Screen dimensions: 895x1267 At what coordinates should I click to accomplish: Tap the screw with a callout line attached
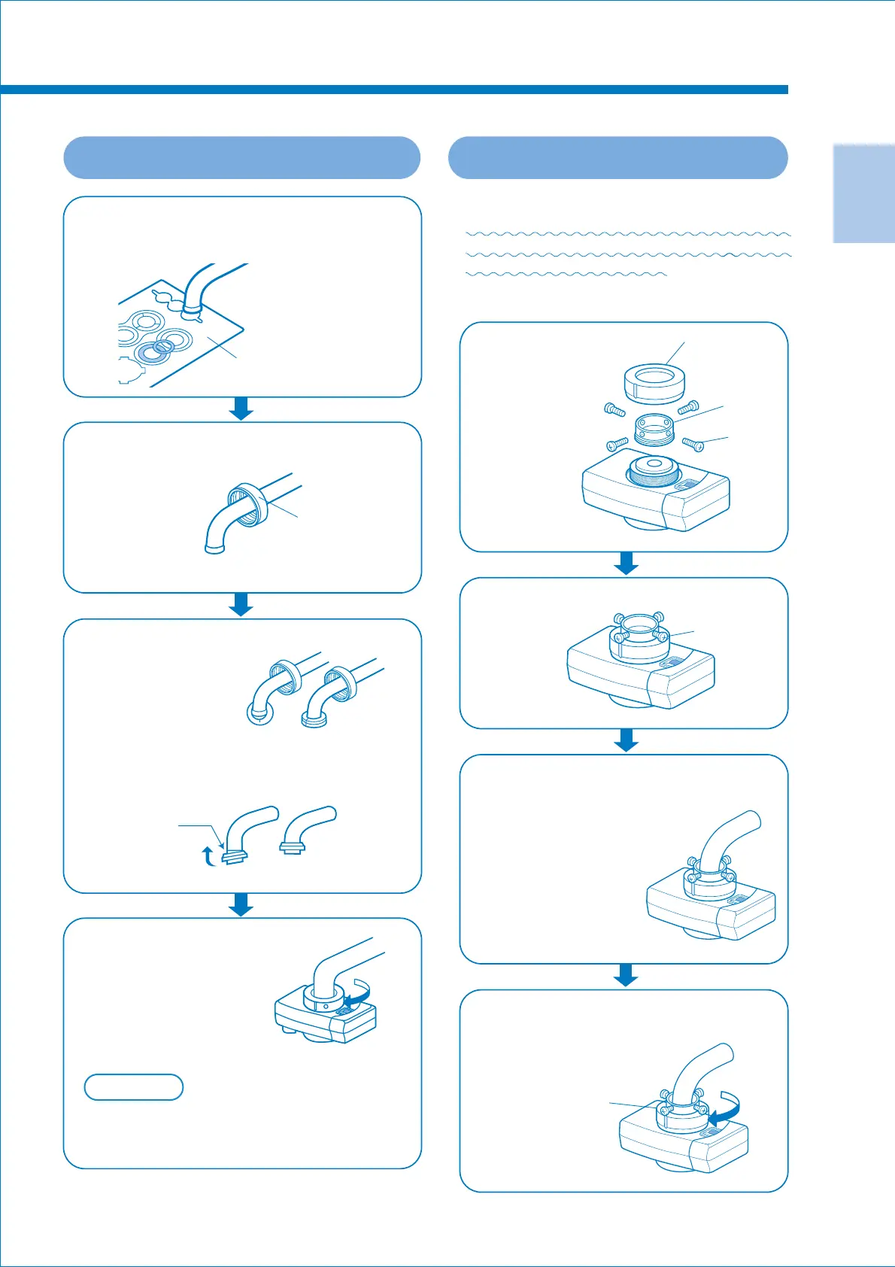pos(693,445)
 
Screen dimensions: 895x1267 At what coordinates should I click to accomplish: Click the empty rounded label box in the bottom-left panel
pos(134,1087)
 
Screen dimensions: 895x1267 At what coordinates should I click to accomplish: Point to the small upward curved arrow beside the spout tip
pos(209,856)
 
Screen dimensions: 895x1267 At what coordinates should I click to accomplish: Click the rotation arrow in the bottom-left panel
pos(357,995)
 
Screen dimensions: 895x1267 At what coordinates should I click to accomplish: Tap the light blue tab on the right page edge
pos(863,193)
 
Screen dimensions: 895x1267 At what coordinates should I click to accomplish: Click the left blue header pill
pos(241,158)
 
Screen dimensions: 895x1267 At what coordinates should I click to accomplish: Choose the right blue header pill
pos(617,158)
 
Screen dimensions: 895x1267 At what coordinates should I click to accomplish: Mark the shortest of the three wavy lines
pos(566,275)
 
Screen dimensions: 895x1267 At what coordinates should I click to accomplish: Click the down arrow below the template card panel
pos(241,409)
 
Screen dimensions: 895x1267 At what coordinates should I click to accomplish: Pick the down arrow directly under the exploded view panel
pos(626,564)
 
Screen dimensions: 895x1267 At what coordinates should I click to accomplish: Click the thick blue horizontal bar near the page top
pos(393,90)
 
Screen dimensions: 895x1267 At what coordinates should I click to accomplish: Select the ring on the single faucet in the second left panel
pos(247,504)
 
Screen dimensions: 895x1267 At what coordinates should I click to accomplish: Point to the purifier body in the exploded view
pos(654,497)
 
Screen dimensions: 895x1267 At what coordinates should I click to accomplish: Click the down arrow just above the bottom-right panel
pos(626,975)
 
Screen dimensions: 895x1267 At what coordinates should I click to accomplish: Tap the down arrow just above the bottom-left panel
pos(241,904)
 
